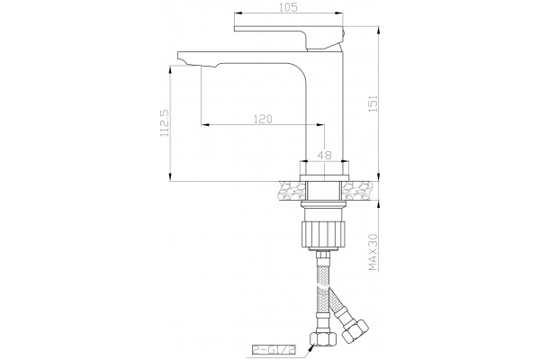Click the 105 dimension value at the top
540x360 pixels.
click(x=288, y=7)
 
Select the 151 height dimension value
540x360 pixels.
click(x=373, y=103)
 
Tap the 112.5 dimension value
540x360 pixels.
click(x=165, y=123)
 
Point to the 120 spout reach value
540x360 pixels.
click(x=263, y=119)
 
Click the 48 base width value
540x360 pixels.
click(x=324, y=155)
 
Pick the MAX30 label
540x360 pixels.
click(x=373, y=252)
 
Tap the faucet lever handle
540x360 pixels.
click(x=289, y=37)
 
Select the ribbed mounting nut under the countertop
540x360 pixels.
click(x=323, y=235)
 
